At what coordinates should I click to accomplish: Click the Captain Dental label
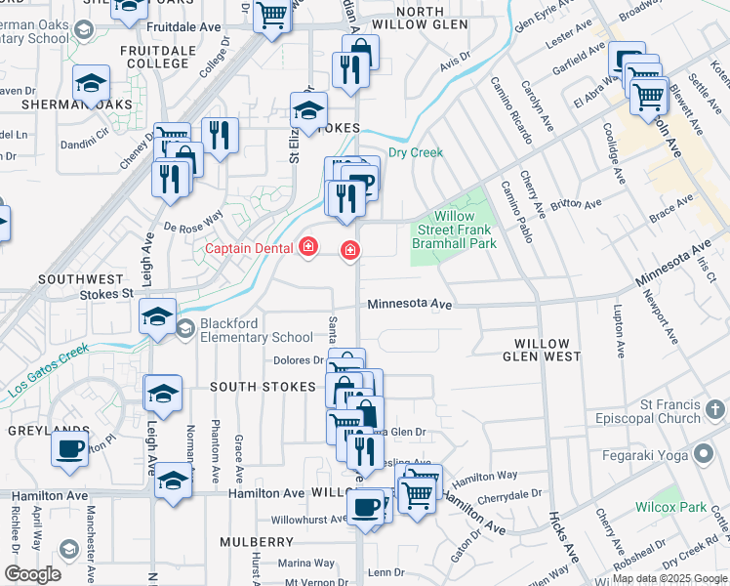click(x=249, y=248)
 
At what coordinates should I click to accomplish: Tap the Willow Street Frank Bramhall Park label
click(x=454, y=230)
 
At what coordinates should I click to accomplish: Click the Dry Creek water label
click(x=416, y=152)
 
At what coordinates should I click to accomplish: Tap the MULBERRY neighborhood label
click(x=257, y=541)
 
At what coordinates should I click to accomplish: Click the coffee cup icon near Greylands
click(x=69, y=448)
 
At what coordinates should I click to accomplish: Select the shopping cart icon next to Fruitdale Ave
click(x=272, y=15)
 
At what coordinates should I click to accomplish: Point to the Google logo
click(x=32, y=574)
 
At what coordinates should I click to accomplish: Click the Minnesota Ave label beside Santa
click(x=410, y=305)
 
